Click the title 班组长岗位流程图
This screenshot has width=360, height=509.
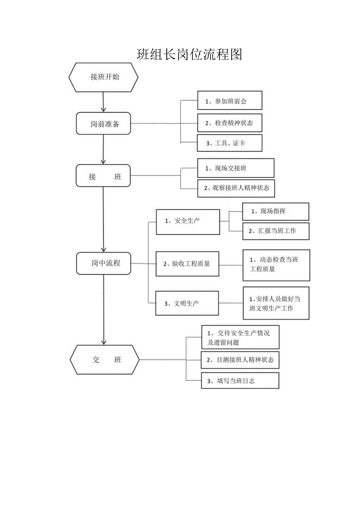point(189,54)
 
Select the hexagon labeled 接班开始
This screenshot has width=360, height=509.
point(103,77)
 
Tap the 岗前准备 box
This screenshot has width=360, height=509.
point(103,124)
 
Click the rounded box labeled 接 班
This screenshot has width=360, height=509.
point(103,176)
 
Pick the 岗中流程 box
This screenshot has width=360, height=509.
point(103,263)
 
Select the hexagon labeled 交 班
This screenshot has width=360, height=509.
point(104,360)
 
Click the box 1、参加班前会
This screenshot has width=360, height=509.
point(229,101)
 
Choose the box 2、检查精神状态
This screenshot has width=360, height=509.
point(229,123)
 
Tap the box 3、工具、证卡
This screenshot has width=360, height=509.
point(229,143)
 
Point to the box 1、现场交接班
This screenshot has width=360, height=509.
point(236,168)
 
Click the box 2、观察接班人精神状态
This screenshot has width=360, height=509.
point(236,188)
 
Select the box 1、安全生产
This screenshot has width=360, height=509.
point(187,222)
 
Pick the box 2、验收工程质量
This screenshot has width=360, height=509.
point(187,264)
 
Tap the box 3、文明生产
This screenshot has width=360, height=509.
point(187,303)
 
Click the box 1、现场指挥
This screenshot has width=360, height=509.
point(275,211)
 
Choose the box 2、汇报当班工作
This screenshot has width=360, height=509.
point(275,231)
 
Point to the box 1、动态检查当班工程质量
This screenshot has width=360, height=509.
point(276,265)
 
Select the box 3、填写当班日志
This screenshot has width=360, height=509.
point(240,380)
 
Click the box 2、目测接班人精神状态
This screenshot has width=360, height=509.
point(240,360)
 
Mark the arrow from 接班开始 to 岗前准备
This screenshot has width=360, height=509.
point(103,102)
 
